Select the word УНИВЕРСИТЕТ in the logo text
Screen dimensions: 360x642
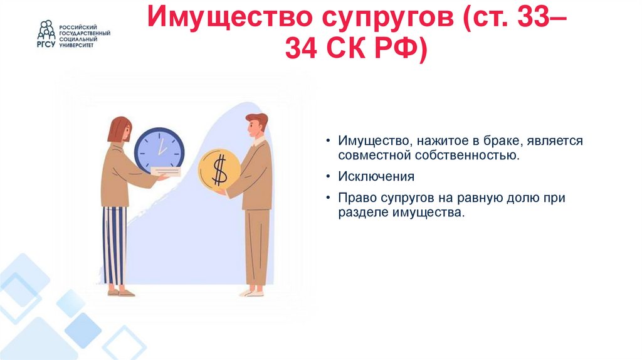(x=77, y=46)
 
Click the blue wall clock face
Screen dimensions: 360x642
(x=159, y=150)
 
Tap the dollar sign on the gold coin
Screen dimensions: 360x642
(x=219, y=170)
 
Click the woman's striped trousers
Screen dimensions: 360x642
(x=115, y=245)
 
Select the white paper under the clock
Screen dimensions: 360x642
(x=165, y=172)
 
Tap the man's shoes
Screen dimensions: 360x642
(x=252, y=292)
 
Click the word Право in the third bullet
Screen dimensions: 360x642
(x=357, y=198)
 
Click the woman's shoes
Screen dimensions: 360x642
(x=120, y=292)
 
